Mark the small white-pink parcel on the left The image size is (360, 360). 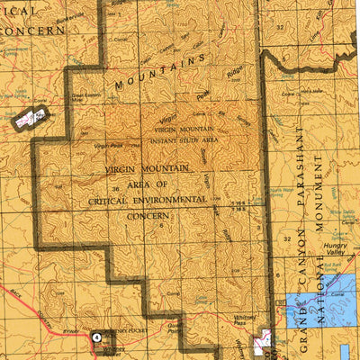pos(30,115)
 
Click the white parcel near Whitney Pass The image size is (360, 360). pos(264,340)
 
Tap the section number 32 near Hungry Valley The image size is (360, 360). pos(287,239)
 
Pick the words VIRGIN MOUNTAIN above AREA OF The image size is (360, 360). pos(160,169)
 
